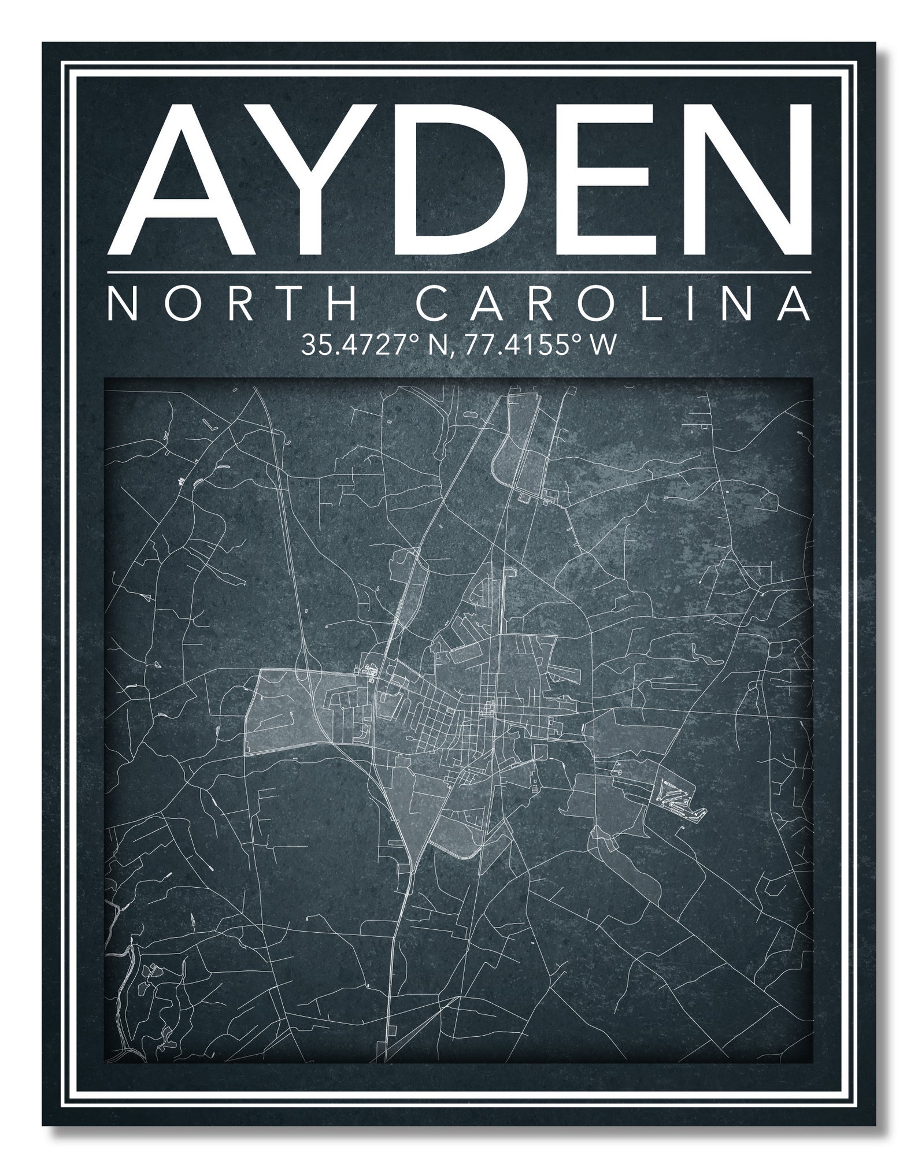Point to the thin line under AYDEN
tap(459, 272)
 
